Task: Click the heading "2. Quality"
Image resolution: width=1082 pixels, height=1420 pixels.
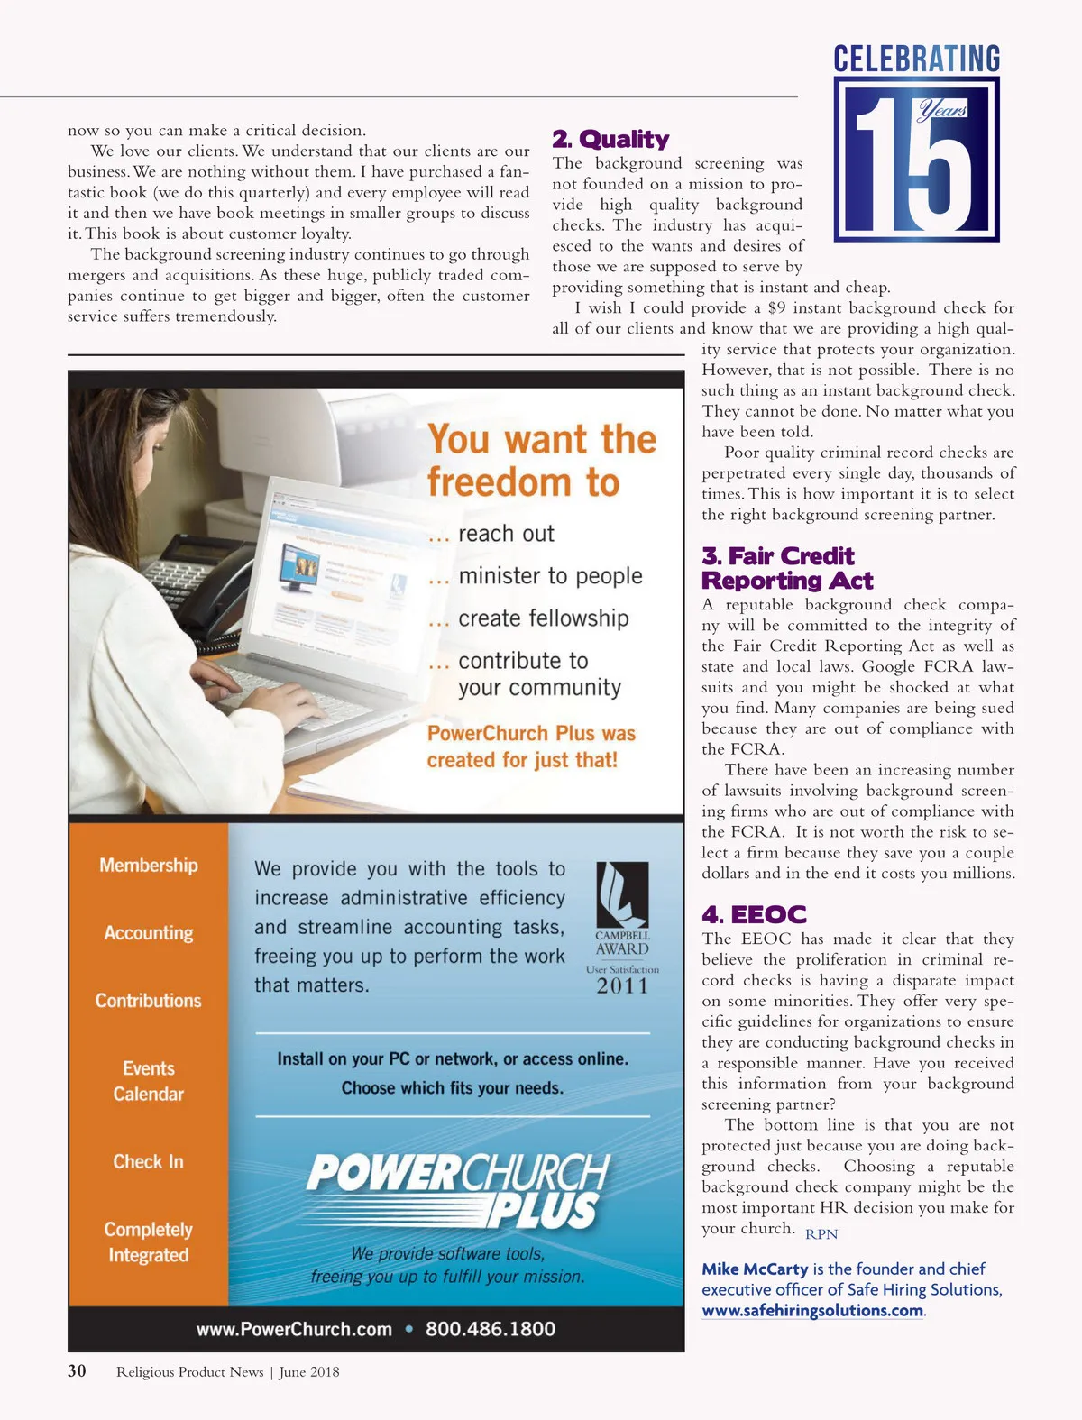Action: (x=610, y=139)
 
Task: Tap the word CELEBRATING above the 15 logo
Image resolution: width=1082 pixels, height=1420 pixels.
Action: (x=916, y=60)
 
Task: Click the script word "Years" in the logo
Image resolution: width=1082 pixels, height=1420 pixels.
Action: (x=942, y=110)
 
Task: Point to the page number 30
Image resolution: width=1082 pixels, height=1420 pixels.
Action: (x=78, y=1371)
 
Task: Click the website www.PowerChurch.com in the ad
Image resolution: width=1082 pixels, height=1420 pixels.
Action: (x=294, y=1329)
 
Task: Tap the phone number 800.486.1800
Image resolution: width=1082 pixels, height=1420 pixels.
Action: (x=491, y=1329)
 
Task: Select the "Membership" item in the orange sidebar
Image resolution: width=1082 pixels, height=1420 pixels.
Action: (x=149, y=866)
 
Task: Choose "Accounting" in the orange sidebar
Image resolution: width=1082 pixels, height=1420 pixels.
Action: (x=149, y=933)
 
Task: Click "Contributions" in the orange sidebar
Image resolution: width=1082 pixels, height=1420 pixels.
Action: (x=149, y=1001)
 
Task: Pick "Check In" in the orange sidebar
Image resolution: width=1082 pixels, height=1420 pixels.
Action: (x=149, y=1162)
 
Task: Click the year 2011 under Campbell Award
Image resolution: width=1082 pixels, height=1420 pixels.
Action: (x=622, y=986)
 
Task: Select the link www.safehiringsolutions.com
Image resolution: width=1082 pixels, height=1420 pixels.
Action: (x=812, y=1311)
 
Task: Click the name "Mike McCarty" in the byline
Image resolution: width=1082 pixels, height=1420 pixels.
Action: (x=755, y=1269)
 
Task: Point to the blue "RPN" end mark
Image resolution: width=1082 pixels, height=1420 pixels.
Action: (x=821, y=1234)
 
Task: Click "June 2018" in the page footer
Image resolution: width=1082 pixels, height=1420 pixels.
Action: (x=309, y=1372)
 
